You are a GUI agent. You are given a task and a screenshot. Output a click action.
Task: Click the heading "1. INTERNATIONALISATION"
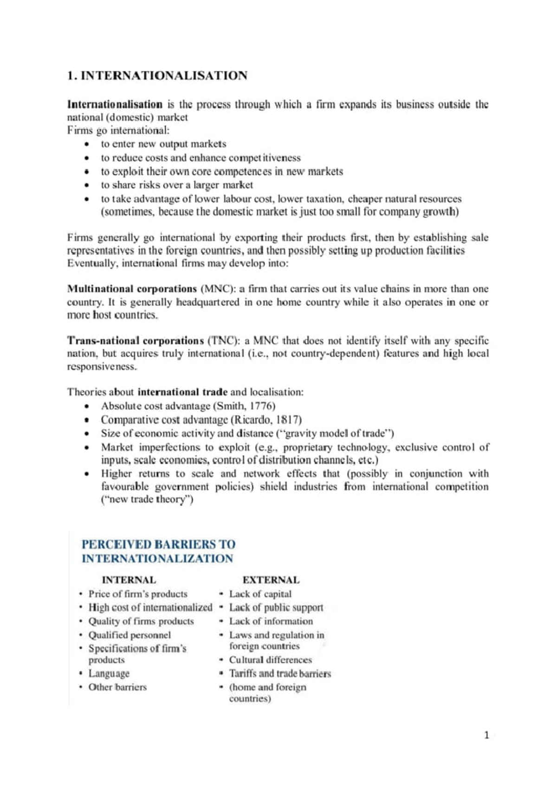coord(157,76)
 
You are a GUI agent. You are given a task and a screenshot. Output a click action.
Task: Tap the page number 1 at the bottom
coord(486,735)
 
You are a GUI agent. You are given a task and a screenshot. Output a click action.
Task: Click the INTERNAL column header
coord(129,580)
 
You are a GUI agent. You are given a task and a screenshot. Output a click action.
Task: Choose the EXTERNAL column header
coord(271,580)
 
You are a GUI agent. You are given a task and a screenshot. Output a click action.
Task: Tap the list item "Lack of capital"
coord(260,594)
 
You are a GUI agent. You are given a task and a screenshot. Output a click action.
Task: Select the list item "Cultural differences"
coord(271,660)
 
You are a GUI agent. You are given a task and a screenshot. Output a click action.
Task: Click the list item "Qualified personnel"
coord(130,635)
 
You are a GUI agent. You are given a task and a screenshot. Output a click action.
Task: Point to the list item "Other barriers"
coord(117,687)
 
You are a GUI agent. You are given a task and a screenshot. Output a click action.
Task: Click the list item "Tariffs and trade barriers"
coord(280,674)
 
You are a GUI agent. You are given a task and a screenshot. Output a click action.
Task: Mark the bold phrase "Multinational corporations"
coord(132,289)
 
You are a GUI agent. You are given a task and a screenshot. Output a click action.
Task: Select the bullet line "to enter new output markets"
coord(164,144)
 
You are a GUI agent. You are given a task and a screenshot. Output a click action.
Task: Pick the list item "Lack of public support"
coord(276,608)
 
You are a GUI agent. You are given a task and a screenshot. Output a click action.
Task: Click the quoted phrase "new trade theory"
coord(147,500)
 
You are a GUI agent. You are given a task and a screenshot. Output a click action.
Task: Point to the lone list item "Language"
coord(109,674)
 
